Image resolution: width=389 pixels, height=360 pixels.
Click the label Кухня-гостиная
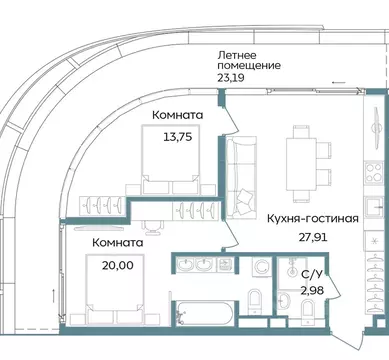click(312, 217)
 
